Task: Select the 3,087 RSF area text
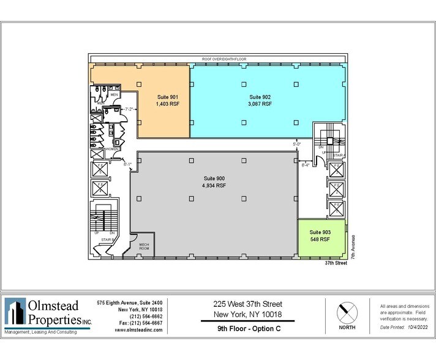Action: [260, 104]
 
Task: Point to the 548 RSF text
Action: [320, 239]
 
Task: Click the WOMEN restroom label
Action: [111, 149]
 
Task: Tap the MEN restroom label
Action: [114, 95]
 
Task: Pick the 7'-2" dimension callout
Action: [129, 109]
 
